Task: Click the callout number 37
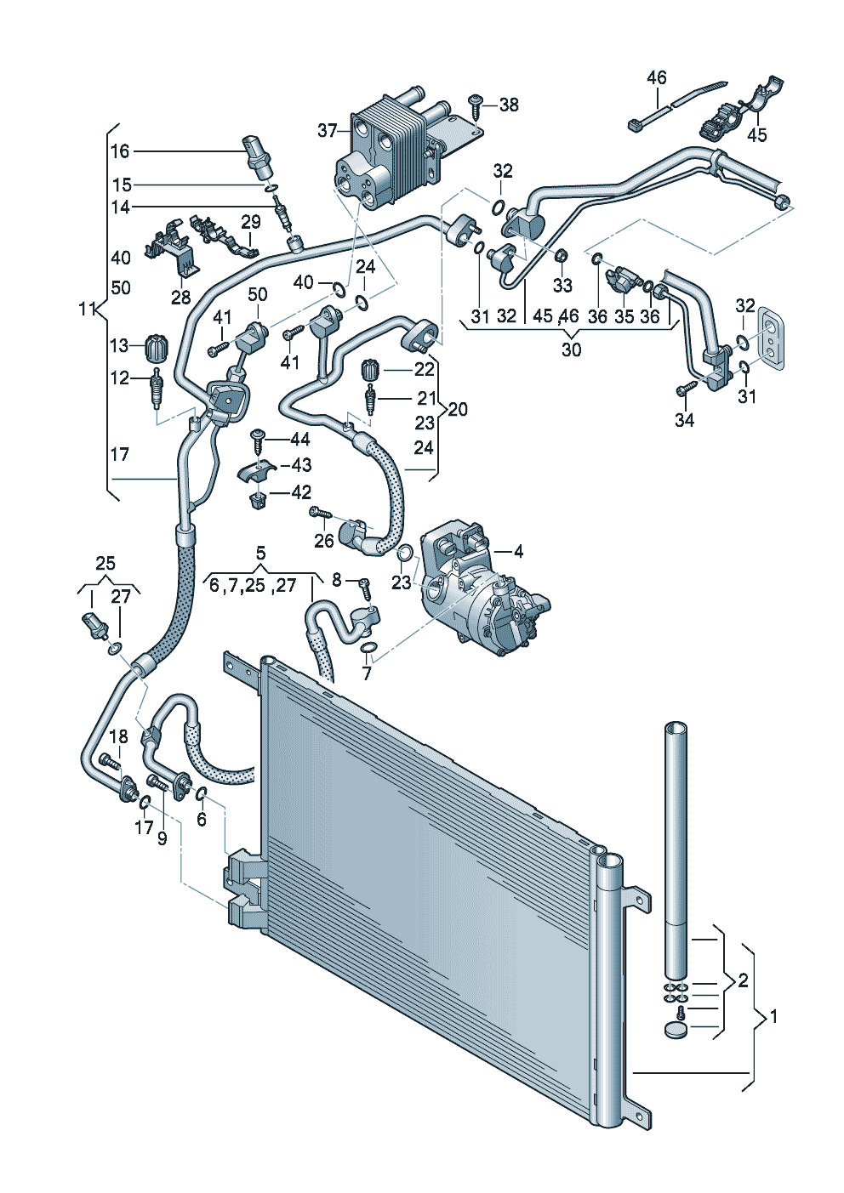tap(328, 131)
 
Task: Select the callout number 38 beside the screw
tap(509, 105)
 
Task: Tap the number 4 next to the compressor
tap(518, 551)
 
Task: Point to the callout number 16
tap(120, 151)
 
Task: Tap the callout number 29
tap(250, 222)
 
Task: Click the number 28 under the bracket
tap(180, 298)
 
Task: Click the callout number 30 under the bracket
tap(571, 349)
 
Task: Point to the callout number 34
tap(684, 420)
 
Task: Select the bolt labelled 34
tap(683, 389)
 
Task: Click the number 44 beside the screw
tap(299, 440)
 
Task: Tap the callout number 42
tap(301, 492)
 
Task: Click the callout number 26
tap(323, 541)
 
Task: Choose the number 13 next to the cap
tap(120, 345)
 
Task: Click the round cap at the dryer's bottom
tap(676, 1031)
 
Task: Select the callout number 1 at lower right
tap(773, 1016)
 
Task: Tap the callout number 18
tap(119, 736)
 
